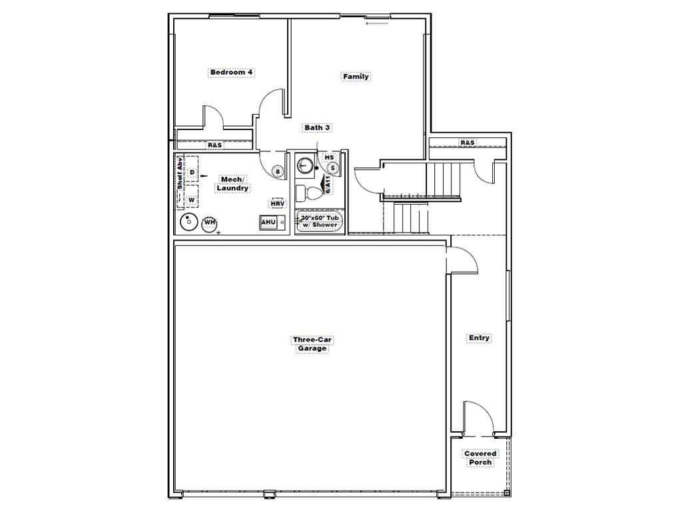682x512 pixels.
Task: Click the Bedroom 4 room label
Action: pyautogui.click(x=231, y=72)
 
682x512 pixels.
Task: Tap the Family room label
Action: pyautogui.click(x=356, y=77)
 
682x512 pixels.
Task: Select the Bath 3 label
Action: pyautogui.click(x=317, y=127)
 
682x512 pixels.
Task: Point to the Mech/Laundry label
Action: pyautogui.click(x=232, y=184)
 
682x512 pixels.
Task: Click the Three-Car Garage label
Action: pyautogui.click(x=312, y=344)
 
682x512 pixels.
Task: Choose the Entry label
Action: pyautogui.click(x=479, y=338)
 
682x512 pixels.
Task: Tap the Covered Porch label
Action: pyautogui.click(x=480, y=458)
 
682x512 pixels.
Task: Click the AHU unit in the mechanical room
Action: pyautogui.click(x=269, y=223)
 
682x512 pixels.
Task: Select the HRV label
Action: pyautogui.click(x=277, y=203)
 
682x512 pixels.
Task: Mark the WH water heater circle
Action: pyautogui.click(x=209, y=223)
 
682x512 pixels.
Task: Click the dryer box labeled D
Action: pyautogui.click(x=191, y=172)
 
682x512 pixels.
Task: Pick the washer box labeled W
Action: pyautogui.click(x=191, y=199)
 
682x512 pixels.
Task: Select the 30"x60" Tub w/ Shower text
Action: pyautogui.click(x=320, y=221)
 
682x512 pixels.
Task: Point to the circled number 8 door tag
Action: pyautogui.click(x=278, y=172)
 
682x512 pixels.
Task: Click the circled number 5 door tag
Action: pyautogui.click(x=333, y=168)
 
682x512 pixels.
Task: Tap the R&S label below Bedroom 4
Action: pyautogui.click(x=214, y=145)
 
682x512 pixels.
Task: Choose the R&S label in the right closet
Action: pyautogui.click(x=468, y=143)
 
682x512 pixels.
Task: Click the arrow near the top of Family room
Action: pyautogui.click(x=377, y=24)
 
